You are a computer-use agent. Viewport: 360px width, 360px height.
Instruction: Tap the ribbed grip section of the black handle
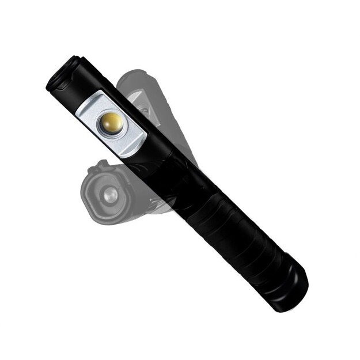coord(230,230)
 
